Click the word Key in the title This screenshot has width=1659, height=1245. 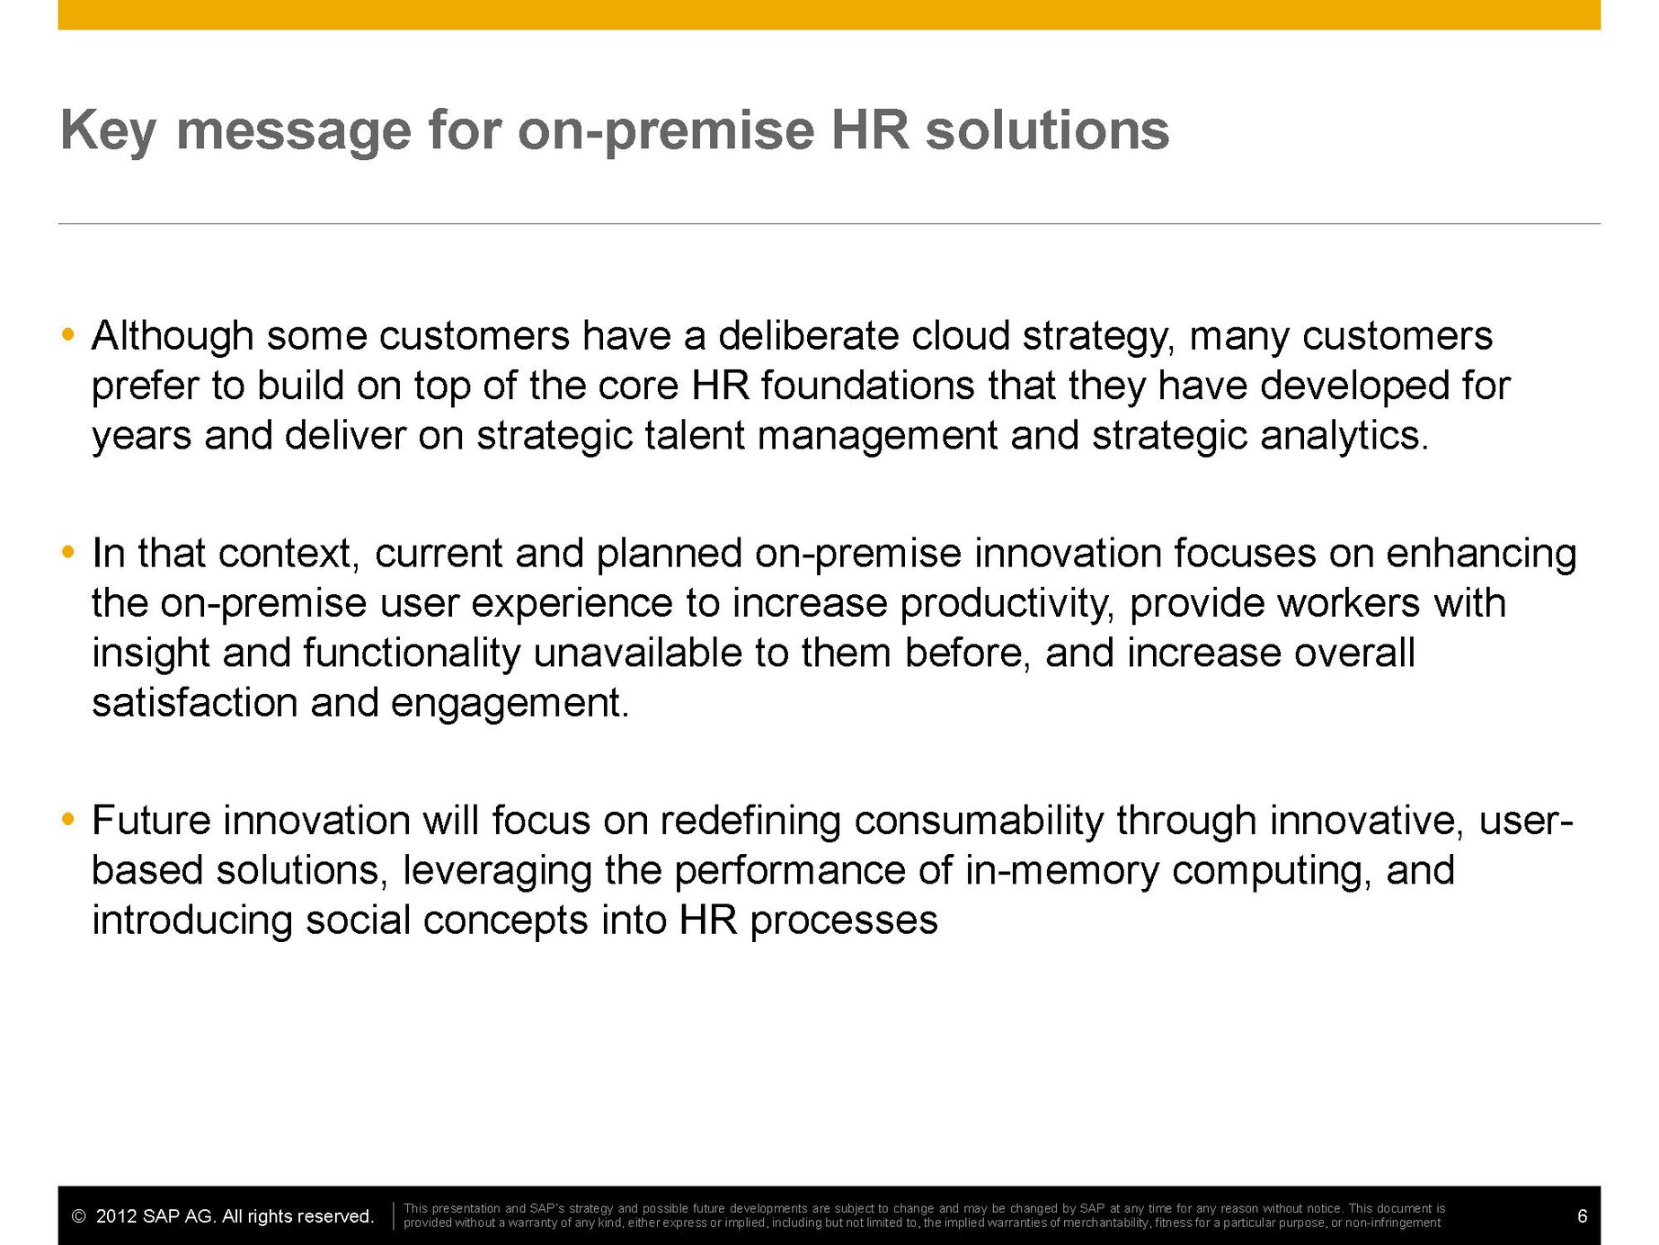coord(108,130)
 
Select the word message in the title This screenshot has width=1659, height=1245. coord(294,130)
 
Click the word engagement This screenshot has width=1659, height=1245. coord(510,704)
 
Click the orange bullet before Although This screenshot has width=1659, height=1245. coord(68,335)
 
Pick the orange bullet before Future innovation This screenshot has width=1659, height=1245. coord(68,820)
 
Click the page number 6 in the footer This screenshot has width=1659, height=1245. coord(1583,1217)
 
